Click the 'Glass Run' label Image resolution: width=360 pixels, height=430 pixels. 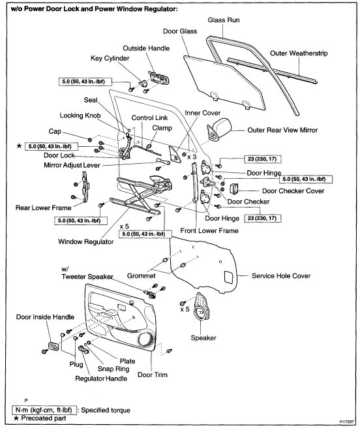point(224,20)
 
